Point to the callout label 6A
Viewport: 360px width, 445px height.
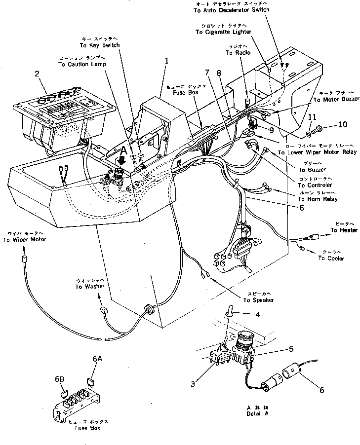[97, 360]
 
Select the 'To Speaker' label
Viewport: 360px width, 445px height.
[258, 300]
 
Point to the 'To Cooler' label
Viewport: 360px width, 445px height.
[331, 258]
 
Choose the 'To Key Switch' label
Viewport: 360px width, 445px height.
[102, 45]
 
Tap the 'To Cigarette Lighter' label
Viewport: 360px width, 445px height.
[223, 32]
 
